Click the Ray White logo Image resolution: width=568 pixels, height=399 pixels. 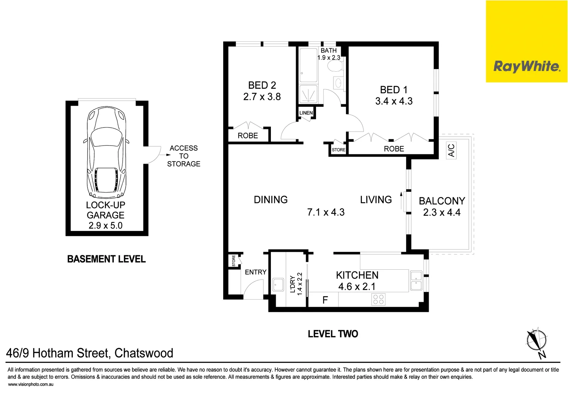coord(526,66)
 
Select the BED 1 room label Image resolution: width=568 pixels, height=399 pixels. coord(394,90)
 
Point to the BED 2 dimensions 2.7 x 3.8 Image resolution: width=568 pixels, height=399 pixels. coord(262,97)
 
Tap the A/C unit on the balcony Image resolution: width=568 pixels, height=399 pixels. coord(451,150)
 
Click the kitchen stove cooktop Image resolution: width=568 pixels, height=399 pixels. coord(379,299)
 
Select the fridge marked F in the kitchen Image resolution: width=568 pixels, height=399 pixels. coord(325,300)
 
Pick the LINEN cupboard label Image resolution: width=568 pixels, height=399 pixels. coord(306,113)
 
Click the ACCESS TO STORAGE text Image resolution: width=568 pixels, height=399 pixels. coord(184,156)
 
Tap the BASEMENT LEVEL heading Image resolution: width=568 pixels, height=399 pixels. coord(106,259)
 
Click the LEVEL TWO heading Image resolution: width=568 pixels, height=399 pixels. coord(333,334)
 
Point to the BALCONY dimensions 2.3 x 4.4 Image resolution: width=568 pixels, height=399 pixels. coord(442,212)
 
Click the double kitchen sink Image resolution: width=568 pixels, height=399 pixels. coord(416,281)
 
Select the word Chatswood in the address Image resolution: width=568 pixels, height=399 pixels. coord(144,353)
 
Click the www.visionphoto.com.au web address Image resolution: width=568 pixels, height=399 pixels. coord(31,384)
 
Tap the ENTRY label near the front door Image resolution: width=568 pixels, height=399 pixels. coord(255,272)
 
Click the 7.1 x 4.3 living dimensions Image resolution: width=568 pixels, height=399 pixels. coord(326,212)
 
